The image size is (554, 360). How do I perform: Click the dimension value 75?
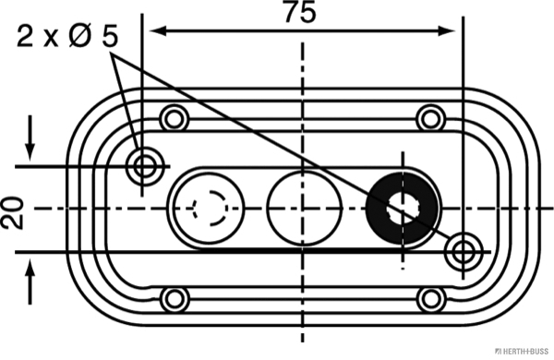click(x=300, y=12)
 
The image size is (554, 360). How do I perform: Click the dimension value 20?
click(x=12, y=213)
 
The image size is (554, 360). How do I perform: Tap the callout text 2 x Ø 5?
click(x=67, y=36)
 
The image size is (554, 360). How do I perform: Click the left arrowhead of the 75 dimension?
click(x=158, y=31)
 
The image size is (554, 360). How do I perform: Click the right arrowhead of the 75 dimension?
click(x=447, y=31)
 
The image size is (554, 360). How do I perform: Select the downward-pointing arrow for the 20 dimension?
click(x=30, y=138)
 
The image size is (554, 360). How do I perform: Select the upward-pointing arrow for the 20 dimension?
click(x=30, y=282)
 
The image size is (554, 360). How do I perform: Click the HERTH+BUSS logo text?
click(x=522, y=351)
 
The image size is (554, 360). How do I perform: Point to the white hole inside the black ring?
click(x=403, y=210)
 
